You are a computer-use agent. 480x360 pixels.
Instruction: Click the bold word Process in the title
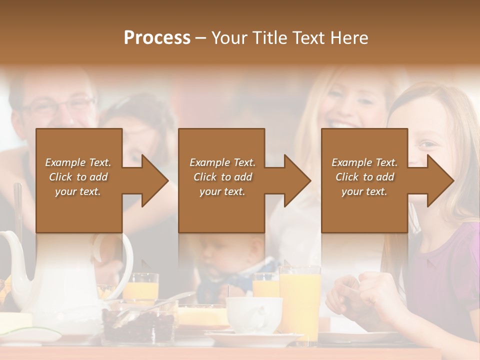[x=157, y=38]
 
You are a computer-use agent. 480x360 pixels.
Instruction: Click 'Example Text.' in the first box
[x=78, y=162]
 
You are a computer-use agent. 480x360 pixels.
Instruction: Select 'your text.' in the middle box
[x=222, y=191]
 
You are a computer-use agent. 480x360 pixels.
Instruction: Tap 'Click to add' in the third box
[x=364, y=177]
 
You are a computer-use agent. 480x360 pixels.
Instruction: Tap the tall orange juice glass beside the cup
[x=299, y=300]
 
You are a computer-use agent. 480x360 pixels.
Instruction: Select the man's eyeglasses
[x=57, y=105]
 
